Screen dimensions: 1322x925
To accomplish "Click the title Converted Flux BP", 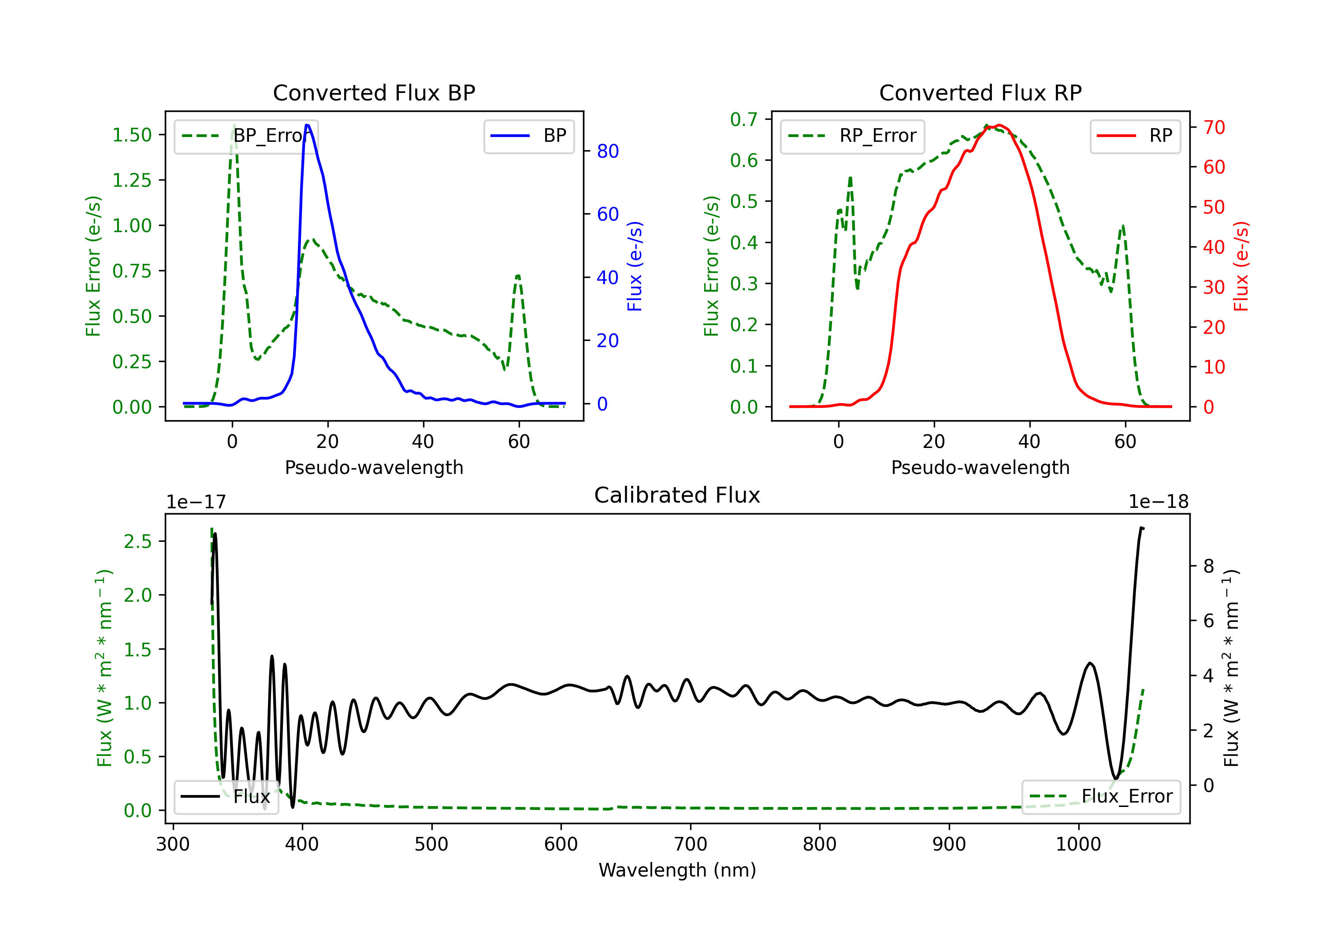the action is [x=374, y=92].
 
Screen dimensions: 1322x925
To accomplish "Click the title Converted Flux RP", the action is [x=980, y=92].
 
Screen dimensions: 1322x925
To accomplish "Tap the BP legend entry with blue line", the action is [x=528, y=136].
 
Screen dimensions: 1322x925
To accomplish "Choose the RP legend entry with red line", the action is [x=1134, y=136].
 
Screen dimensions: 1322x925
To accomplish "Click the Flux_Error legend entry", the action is [x=1100, y=797].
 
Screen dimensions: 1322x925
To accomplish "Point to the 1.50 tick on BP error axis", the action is [x=132, y=135].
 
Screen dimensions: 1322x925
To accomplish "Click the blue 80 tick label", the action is [x=607, y=152].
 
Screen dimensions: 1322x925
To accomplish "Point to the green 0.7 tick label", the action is [x=743, y=120].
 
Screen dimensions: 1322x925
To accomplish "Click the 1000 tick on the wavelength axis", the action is [x=1078, y=844].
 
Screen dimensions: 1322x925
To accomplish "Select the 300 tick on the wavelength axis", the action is [x=173, y=844].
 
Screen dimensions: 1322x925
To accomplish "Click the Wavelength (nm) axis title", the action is [x=677, y=870].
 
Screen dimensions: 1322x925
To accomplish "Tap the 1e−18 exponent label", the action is [x=1159, y=502].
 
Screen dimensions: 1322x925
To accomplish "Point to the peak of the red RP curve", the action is [x=999, y=125].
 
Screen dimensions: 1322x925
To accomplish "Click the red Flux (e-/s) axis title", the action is [x=1241, y=266].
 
